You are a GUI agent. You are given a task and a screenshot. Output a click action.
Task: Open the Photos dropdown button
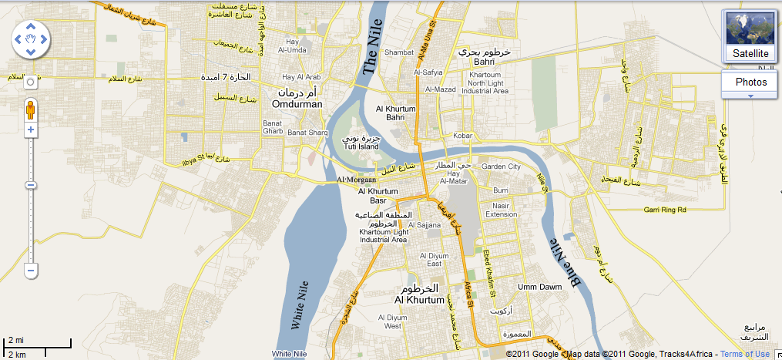750,82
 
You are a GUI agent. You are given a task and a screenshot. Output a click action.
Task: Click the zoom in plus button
30,130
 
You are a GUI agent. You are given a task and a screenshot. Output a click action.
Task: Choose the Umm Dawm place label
537,287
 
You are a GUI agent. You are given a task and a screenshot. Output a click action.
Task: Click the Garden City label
501,167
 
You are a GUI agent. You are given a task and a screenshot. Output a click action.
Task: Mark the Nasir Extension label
501,209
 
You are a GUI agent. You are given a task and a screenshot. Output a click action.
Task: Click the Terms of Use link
745,354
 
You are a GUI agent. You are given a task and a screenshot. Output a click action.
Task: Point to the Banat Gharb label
273,127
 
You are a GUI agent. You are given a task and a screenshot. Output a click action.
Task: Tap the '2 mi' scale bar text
15,340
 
